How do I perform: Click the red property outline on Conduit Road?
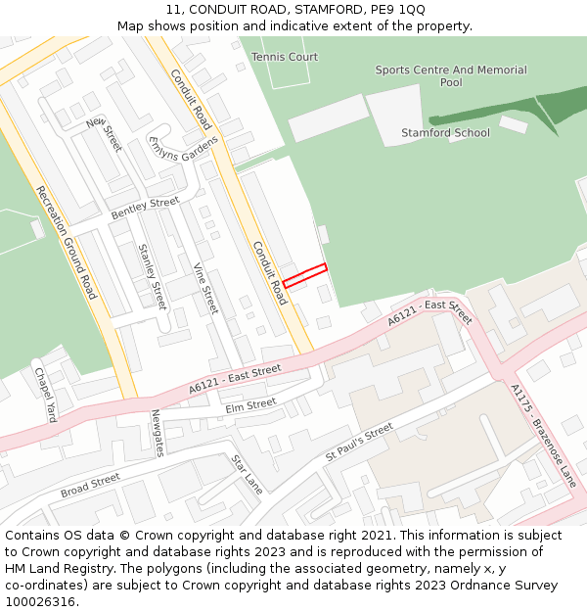(x=304, y=275)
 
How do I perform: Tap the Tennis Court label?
(x=285, y=57)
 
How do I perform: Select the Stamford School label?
(x=445, y=133)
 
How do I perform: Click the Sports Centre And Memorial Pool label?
(x=451, y=76)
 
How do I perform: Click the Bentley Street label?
(x=145, y=208)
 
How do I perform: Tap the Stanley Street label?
(x=153, y=277)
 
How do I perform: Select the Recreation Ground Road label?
(x=67, y=242)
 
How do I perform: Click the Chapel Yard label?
(x=46, y=395)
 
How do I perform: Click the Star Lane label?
(x=248, y=473)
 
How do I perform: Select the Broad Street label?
(x=90, y=485)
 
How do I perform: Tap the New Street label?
(x=104, y=134)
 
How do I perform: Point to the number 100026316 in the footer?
(x=40, y=601)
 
